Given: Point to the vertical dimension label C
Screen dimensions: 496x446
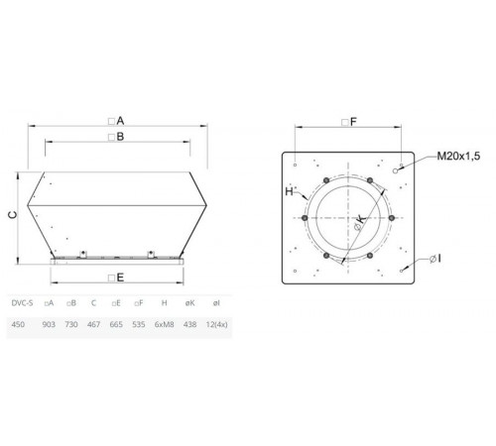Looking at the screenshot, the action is pyautogui.click(x=12, y=215).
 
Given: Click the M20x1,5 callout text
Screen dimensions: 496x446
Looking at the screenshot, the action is pyautogui.click(x=458, y=156).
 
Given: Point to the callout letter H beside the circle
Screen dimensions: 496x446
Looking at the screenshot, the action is pyautogui.click(x=289, y=191).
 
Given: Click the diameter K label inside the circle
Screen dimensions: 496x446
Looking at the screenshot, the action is pyautogui.click(x=360, y=222).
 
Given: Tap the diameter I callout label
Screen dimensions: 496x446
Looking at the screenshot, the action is pyautogui.click(x=435, y=259).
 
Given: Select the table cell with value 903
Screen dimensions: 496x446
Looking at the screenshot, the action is pyautogui.click(x=49, y=324).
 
